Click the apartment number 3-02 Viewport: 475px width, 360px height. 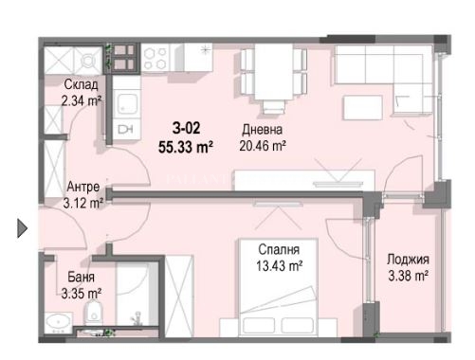[186, 128]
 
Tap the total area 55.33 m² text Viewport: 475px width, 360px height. [186, 147]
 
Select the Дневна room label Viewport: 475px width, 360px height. [263, 130]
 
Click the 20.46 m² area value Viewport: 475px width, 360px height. [263, 146]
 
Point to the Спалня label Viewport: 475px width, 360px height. [279, 249]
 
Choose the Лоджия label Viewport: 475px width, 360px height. [408, 260]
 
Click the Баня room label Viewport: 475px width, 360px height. [82, 277]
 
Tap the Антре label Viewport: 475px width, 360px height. [83, 187]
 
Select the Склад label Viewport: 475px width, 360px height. [81, 84]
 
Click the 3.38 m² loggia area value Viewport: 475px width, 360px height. [408, 276]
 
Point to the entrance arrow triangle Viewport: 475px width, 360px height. [22, 228]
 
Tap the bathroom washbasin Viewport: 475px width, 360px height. [59, 323]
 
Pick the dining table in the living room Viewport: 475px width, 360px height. [274, 72]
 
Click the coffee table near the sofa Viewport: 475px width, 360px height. [362, 107]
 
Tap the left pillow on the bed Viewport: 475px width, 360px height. [259, 325]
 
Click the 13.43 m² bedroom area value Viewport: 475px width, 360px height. [279, 266]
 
